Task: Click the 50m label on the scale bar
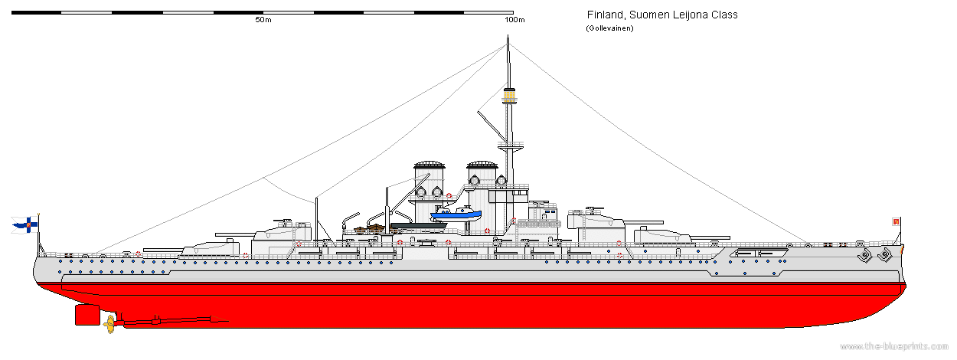point(263,19)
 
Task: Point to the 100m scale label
point(515,19)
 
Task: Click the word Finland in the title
point(605,15)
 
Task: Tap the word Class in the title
point(723,15)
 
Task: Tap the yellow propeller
point(109,322)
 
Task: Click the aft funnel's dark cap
point(430,165)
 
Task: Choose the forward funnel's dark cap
point(482,165)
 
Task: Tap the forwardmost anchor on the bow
point(886,254)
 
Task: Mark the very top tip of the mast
point(507,44)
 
